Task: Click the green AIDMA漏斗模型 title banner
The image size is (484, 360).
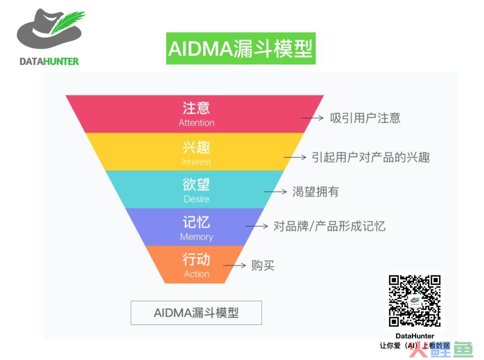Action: point(241,48)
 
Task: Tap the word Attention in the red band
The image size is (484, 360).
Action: point(196,122)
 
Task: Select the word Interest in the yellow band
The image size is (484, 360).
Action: point(196,162)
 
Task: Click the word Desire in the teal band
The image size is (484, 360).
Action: point(196,199)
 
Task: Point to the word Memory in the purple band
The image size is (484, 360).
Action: point(197,237)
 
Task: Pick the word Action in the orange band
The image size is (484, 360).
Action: point(197,274)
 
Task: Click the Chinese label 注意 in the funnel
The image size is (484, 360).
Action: point(196,108)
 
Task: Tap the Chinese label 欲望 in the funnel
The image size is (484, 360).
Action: point(196,184)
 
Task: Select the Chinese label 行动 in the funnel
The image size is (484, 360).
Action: point(196,259)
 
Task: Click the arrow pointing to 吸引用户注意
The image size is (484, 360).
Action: point(312,118)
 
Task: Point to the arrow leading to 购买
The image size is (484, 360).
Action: point(234,265)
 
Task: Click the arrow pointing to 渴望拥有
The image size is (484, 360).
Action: point(275,192)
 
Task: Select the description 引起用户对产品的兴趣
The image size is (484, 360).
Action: point(371,157)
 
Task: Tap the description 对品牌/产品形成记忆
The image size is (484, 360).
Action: point(329,226)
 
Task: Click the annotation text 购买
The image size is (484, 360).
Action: point(263,265)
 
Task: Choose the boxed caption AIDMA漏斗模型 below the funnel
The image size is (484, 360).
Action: point(196,313)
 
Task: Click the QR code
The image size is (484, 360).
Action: point(415,301)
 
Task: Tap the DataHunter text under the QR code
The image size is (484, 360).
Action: point(415,336)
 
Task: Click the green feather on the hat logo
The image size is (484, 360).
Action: point(66,22)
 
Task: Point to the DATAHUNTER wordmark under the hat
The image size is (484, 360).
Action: point(49,61)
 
